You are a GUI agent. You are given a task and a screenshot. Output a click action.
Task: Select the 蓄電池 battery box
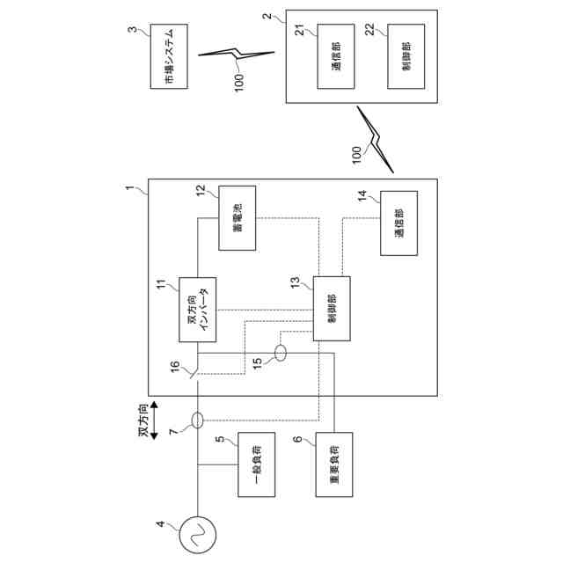click(237, 218)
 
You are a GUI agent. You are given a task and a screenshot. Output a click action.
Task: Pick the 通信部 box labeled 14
click(398, 223)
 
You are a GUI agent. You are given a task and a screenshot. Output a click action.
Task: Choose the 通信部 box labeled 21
click(336, 56)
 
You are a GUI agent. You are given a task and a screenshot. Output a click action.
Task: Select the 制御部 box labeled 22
click(406, 56)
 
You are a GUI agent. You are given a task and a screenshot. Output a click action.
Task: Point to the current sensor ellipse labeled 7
click(197, 420)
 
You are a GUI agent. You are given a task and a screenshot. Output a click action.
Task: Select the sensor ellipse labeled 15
click(281, 354)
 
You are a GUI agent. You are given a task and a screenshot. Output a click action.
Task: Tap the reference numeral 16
click(174, 364)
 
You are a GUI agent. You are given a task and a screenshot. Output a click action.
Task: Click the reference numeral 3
click(132, 32)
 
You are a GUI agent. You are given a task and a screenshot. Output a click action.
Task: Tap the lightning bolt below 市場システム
click(235, 55)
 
